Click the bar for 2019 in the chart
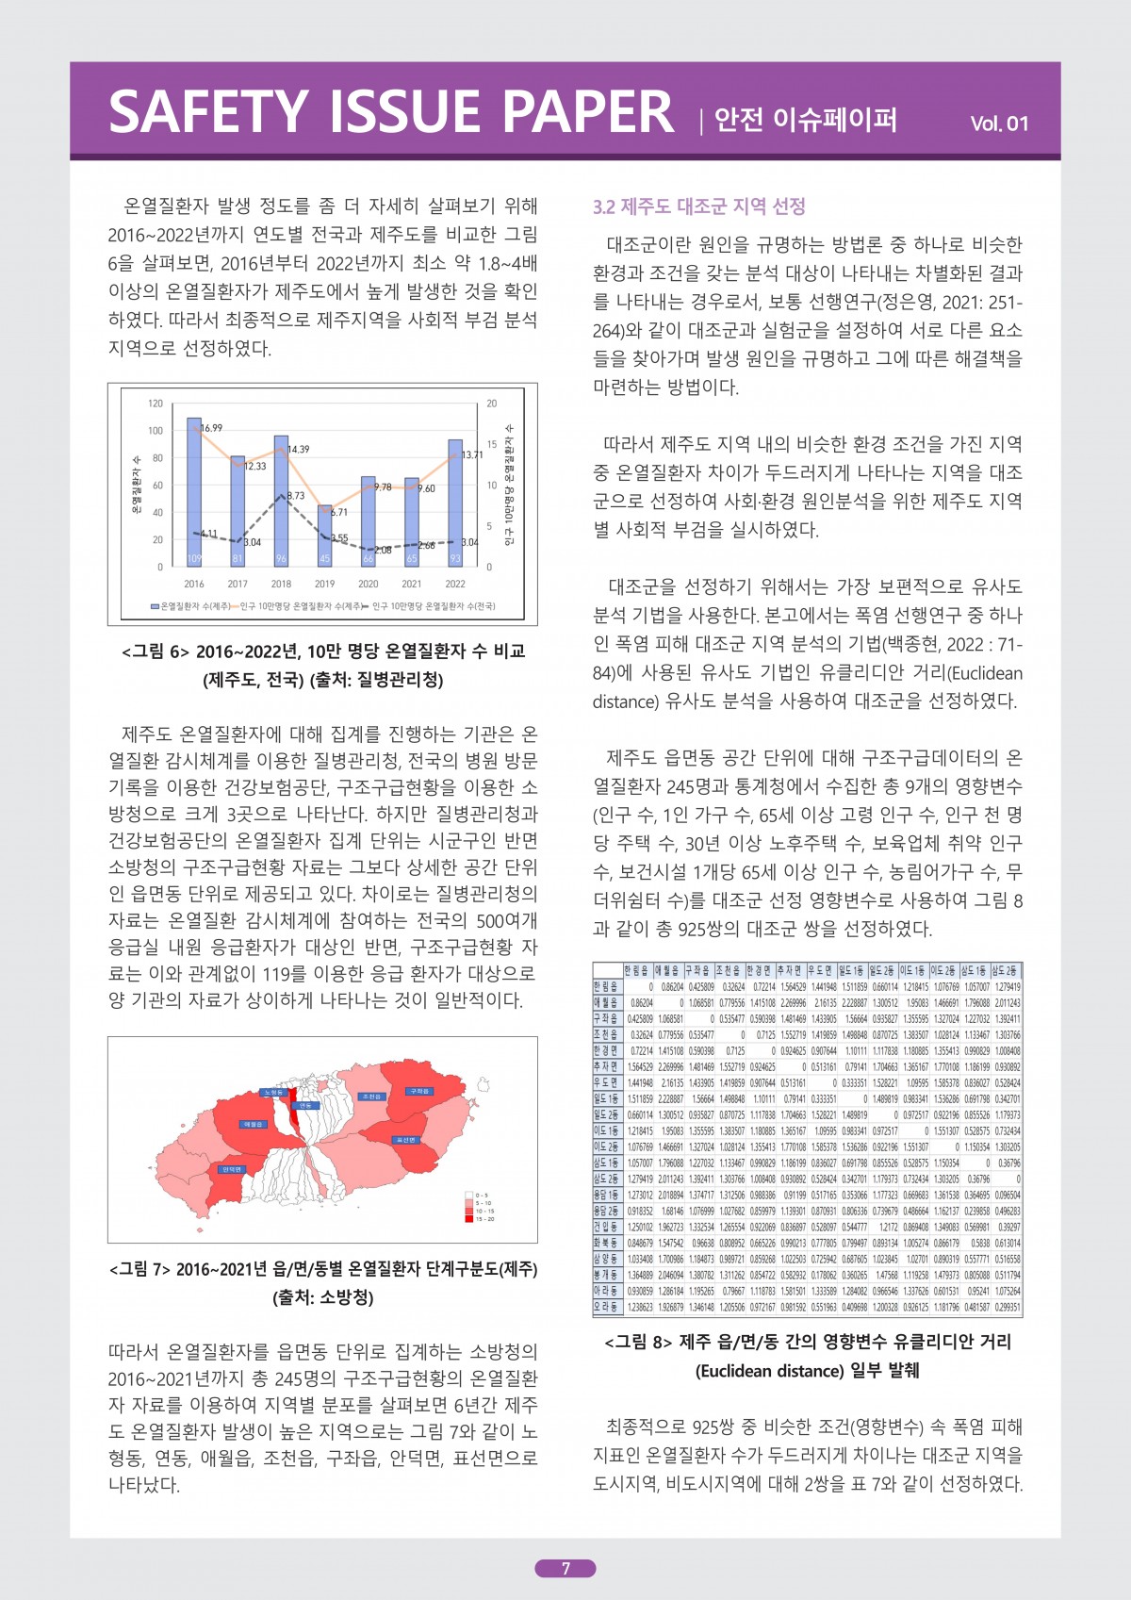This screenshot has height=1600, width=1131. [324, 536]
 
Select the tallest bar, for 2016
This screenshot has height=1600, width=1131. [194, 492]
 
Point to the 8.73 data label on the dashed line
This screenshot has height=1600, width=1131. [296, 496]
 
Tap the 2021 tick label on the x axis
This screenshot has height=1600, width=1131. [412, 585]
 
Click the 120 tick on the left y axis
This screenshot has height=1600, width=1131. [156, 404]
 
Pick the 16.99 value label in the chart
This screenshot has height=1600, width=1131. [211, 428]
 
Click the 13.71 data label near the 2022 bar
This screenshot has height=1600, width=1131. [471, 455]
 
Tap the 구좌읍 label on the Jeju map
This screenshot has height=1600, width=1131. [418, 1091]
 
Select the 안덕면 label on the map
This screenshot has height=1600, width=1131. [232, 1169]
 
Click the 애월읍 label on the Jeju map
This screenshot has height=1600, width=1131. [253, 1125]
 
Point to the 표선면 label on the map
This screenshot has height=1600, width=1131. [404, 1140]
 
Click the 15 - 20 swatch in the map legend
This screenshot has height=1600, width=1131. [468, 1219]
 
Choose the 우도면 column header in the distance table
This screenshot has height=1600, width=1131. [821, 970]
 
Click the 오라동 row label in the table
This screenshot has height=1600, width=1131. [606, 1308]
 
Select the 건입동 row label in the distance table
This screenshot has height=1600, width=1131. [606, 1227]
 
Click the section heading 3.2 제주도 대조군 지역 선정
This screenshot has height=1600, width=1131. [698, 207]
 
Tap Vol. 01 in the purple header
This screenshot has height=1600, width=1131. [999, 124]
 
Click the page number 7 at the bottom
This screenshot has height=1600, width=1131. [565, 1569]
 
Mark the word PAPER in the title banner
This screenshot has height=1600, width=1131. [587, 111]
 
